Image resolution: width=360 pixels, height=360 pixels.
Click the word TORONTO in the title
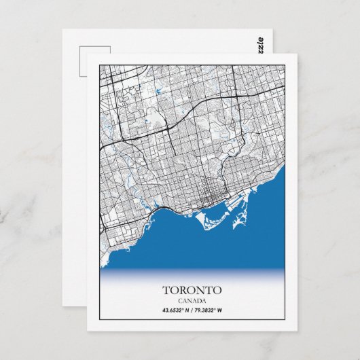(x=192, y=291)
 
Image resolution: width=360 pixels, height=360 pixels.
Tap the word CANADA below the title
(x=192, y=302)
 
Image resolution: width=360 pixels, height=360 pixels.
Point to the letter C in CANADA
(x=181, y=302)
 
